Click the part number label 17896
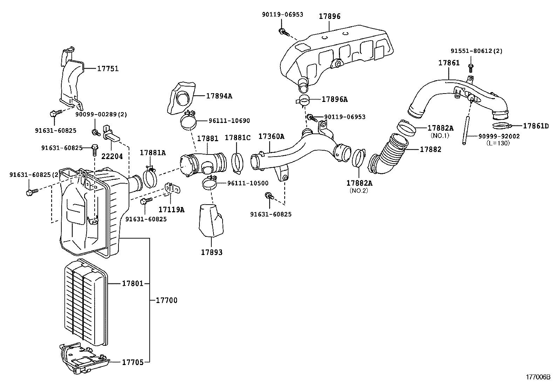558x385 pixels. [x=329, y=16]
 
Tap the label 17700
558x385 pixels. [x=166, y=300]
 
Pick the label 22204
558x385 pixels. [x=112, y=156]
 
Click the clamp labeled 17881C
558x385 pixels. [x=237, y=163]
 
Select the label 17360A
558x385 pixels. [x=271, y=137]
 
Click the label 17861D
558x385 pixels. [x=536, y=126]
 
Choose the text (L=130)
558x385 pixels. [x=498, y=143]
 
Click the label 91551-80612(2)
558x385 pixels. [x=476, y=51]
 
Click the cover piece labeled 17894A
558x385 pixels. [x=182, y=97]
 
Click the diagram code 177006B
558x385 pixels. [x=538, y=377]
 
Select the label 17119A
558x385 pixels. [x=171, y=209]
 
